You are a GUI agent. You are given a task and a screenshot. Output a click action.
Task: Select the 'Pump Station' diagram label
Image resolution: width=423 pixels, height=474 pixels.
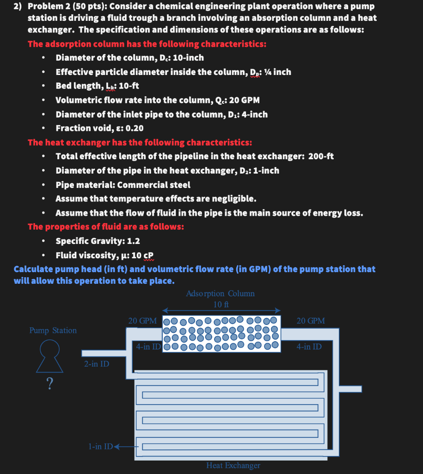tap(53, 331)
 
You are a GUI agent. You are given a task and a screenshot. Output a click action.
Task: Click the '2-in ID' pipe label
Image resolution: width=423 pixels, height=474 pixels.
tap(97, 364)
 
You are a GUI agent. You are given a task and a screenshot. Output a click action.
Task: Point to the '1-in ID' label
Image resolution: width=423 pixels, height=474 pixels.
tap(100, 447)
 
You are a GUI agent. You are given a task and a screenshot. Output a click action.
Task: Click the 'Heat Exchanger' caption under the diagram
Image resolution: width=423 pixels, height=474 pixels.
tap(233, 466)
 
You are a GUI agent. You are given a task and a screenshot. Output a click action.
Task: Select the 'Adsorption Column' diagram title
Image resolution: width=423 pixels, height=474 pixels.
tap(220, 293)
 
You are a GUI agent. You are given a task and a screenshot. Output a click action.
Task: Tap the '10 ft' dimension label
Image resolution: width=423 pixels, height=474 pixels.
tap(221, 304)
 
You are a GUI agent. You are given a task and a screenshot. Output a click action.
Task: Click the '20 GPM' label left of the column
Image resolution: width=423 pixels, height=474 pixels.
tap(142, 321)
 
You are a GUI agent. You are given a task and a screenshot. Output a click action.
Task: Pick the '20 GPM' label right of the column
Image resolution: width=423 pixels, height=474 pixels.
tap(311, 321)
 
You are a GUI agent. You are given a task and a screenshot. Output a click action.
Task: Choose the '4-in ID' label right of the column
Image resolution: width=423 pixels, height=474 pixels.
tap(309, 346)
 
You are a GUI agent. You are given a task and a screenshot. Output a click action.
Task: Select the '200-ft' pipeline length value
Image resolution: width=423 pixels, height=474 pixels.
tap(321, 156)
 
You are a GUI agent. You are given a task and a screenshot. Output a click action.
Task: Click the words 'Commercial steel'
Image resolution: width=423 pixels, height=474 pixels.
tap(154, 185)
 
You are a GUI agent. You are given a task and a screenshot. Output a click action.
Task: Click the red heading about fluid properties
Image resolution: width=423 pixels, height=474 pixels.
tap(106, 227)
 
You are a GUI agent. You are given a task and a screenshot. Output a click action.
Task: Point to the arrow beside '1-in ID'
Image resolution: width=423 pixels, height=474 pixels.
tap(123, 447)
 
